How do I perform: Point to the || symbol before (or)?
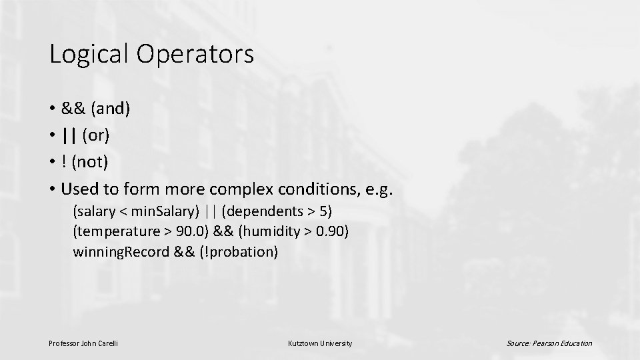[69, 136]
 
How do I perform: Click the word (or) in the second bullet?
[96, 136]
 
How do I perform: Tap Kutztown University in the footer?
[320, 343]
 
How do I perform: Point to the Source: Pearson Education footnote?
[549, 343]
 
